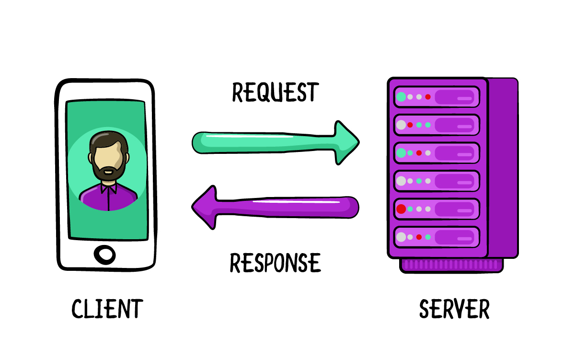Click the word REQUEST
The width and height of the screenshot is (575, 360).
click(275, 93)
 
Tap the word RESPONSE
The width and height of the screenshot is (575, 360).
click(275, 263)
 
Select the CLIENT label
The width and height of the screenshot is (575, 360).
click(107, 309)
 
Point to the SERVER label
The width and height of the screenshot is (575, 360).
click(454, 309)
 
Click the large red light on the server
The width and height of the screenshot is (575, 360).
click(401, 209)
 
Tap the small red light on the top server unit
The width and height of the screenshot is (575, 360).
click(428, 97)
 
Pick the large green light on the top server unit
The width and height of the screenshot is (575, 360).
click(401, 97)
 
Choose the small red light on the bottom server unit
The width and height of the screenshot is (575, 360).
click(419, 237)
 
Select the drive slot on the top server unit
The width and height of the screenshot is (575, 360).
click(457, 97)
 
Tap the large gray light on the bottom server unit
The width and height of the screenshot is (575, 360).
click(401, 237)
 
